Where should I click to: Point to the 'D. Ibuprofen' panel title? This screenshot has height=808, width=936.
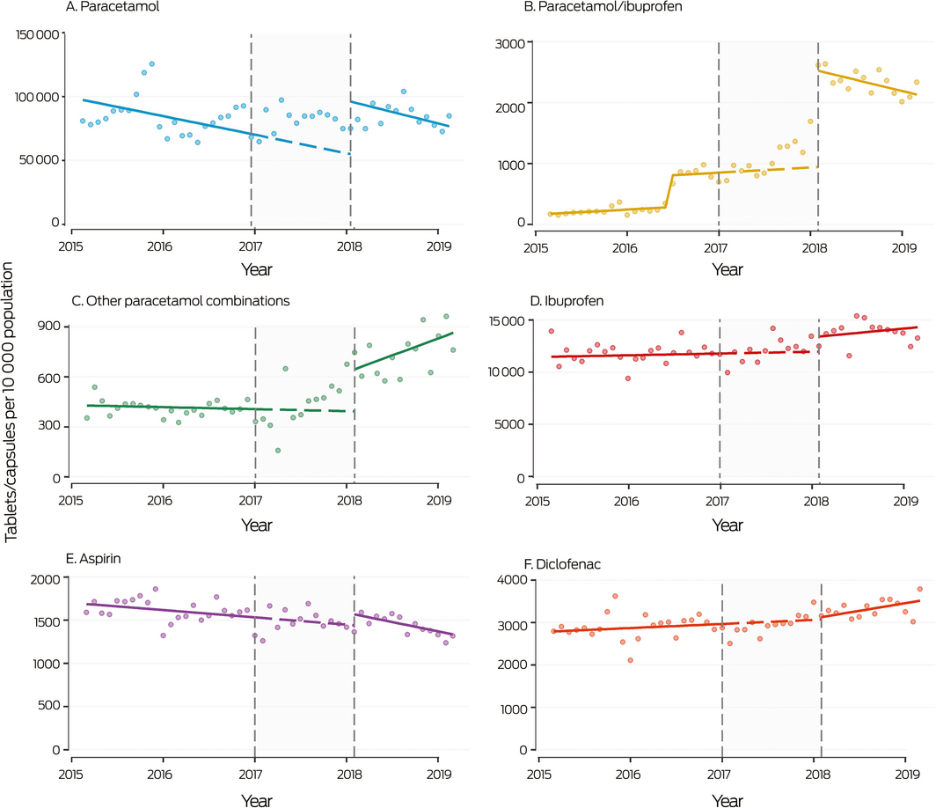[x=566, y=301]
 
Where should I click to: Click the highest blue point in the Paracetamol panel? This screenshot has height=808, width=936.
[x=151, y=64]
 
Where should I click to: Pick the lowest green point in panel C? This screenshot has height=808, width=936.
[x=278, y=451]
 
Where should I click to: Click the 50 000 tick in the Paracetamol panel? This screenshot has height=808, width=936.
[x=41, y=160]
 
